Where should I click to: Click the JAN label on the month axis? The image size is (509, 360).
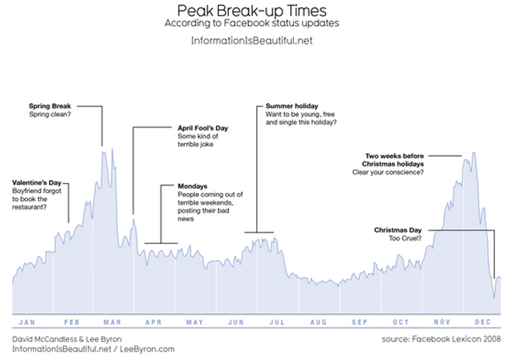click(x=26, y=322)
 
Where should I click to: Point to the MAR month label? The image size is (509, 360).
click(x=110, y=322)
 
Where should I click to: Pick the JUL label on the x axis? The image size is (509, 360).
click(x=276, y=322)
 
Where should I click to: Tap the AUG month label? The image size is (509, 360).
click(x=318, y=322)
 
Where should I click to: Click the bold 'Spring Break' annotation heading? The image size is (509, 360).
click(x=50, y=106)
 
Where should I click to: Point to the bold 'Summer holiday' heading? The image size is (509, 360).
click(x=291, y=106)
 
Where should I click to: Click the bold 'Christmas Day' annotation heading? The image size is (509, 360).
click(x=397, y=230)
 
